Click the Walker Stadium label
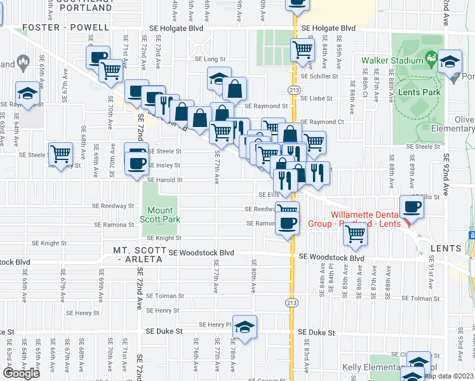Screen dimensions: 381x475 [392, 61]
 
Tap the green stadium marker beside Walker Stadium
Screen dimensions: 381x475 [431, 60]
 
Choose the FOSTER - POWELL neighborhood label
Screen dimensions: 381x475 [58, 28]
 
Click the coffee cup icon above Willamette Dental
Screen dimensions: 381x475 [413, 207]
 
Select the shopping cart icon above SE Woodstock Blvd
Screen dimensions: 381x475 [355, 234]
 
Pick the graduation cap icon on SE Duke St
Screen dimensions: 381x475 [244, 326]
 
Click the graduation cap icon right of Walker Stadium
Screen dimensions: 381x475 [450, 62]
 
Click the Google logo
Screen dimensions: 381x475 [21, 373]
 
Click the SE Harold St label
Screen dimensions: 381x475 [166, 180]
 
